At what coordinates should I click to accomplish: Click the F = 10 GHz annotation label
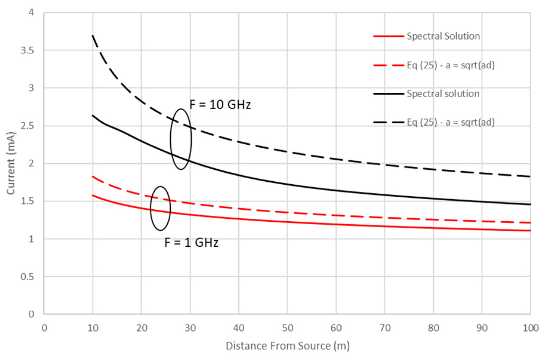[220, 105]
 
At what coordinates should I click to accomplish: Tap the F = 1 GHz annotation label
[191, 242]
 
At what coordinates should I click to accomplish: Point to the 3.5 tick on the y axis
[27, 50]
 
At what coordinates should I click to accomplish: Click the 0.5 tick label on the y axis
[27, 276]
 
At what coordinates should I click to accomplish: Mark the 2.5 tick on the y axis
[27, 126]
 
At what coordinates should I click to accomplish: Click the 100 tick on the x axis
[530, 328]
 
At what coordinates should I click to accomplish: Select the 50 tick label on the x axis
[287, 328]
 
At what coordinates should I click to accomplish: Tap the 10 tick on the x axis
[93, 328]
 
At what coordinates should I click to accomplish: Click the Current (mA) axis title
[11, 163]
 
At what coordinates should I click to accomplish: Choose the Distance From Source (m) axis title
[288, 346]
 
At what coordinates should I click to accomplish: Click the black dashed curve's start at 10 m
[93, 35]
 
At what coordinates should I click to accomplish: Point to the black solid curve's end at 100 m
[530, 204]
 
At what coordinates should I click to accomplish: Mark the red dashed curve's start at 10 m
[93, 177]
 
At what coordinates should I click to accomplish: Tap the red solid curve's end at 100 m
[530, 231]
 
